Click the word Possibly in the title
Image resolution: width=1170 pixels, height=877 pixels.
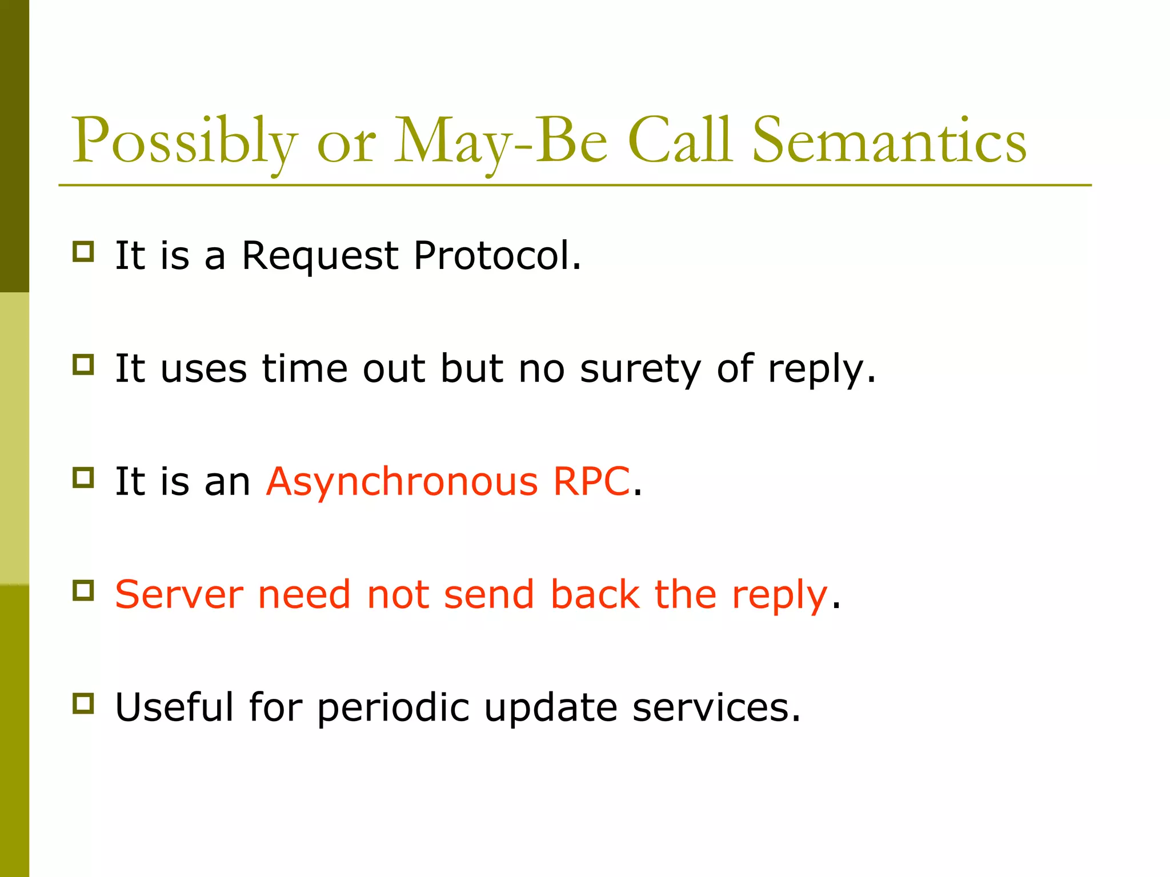coord(184,141)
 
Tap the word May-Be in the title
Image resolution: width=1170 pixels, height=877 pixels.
coord(500,141)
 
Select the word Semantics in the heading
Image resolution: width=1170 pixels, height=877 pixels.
coord(889,141)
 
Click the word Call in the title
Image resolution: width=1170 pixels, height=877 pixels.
coord(680,141)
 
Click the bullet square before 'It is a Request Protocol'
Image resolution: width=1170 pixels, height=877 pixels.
coord(83,251)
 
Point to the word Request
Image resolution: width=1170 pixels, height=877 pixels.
coord(319,255)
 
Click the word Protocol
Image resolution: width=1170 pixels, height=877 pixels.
coord(497,255)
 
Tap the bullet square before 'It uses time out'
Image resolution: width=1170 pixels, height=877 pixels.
coord(83,364)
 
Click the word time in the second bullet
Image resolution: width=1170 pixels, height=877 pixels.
coord(304,368)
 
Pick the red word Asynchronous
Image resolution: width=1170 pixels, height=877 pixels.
coord(402,482)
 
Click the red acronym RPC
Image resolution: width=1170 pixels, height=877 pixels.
coord(591,481)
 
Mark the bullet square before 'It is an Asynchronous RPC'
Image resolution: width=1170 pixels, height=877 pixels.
coord(83,477)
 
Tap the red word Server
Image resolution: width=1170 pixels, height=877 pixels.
coord(179,595)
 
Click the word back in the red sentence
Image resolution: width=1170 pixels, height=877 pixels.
coord(595,594)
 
